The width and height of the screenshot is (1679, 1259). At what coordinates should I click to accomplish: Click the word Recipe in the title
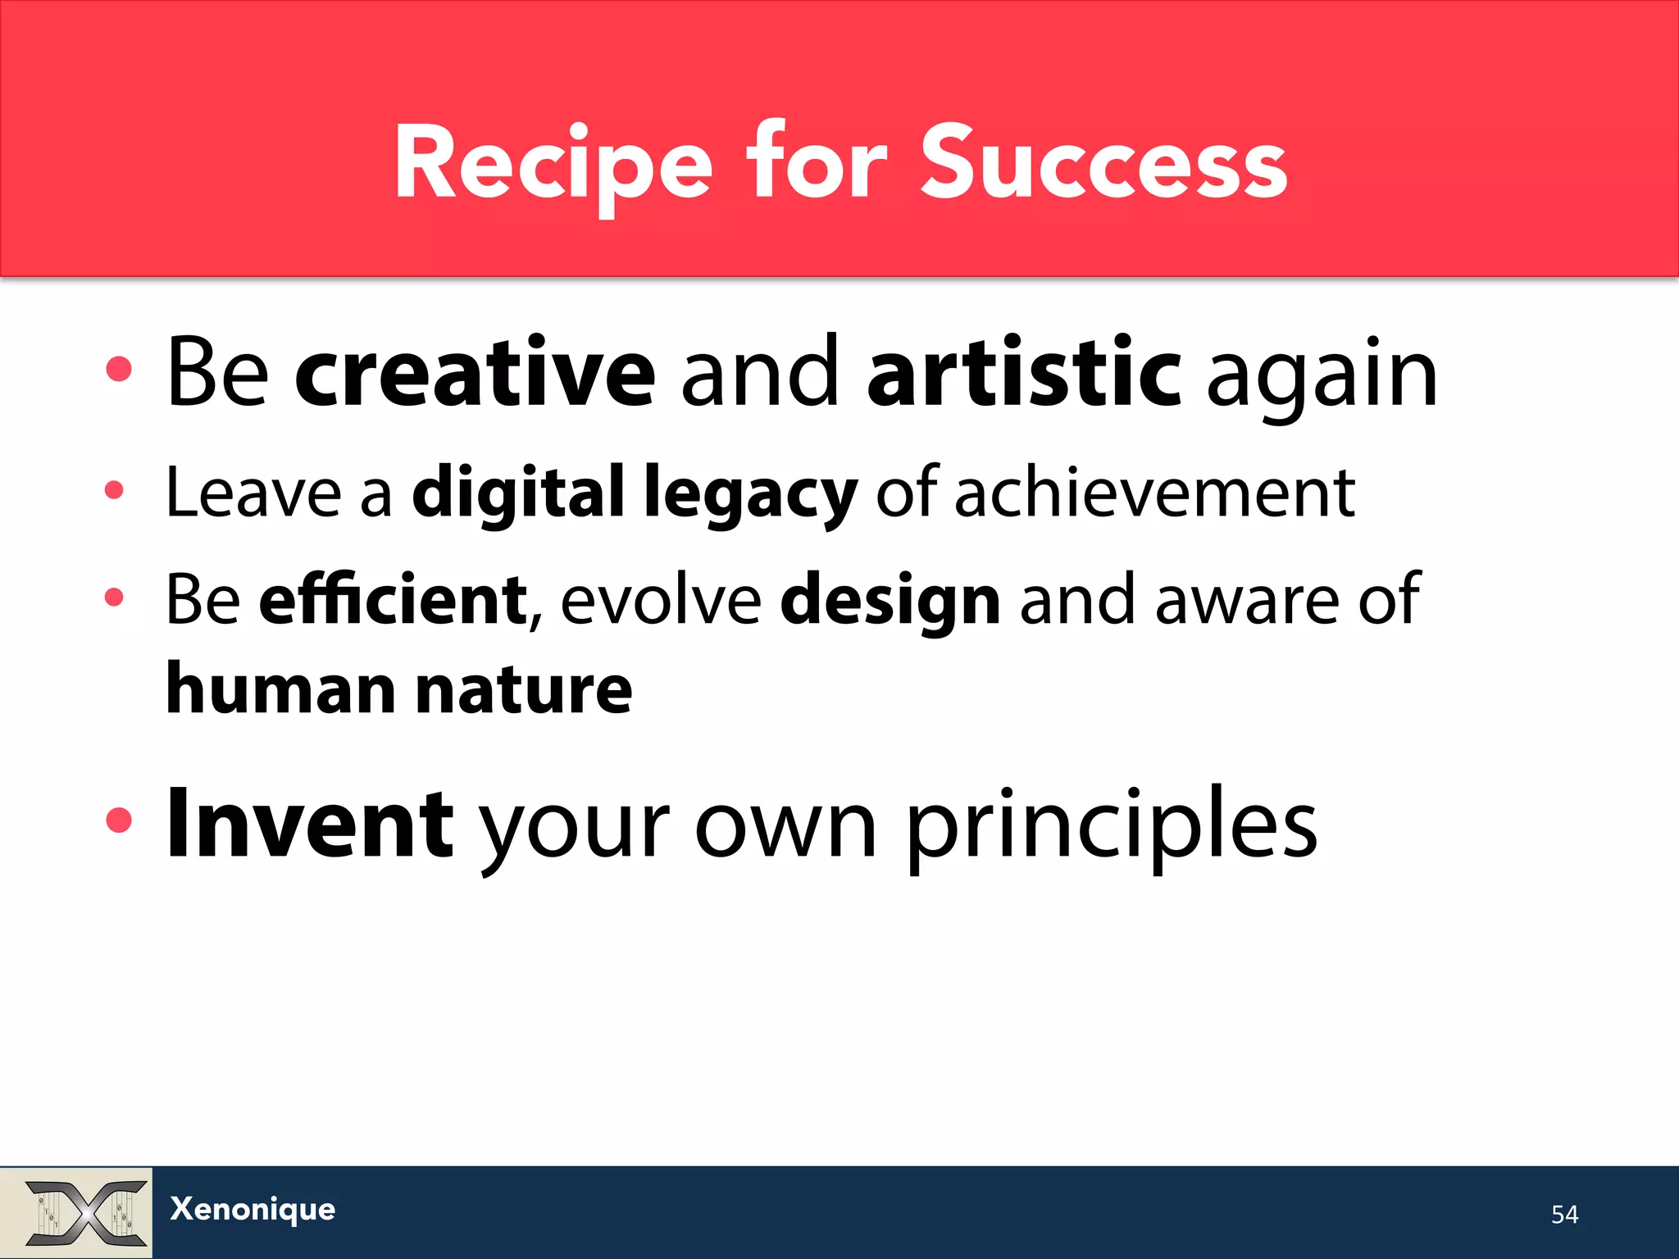click(553, 164)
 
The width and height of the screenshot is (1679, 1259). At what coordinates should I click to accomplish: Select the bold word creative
click(475, 373)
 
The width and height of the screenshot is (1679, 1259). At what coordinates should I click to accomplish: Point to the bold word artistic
click(1024, 373)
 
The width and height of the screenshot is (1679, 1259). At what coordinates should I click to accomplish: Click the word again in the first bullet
click(1322, 377)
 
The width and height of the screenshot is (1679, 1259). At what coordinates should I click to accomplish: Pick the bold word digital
click(518, 492)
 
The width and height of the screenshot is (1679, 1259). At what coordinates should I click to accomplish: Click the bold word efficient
click(393, 599)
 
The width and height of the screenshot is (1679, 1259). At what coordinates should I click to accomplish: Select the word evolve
click(661, 599)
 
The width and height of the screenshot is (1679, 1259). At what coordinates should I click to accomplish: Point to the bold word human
click(281, 689)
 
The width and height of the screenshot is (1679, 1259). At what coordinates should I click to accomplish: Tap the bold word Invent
click(309, 824)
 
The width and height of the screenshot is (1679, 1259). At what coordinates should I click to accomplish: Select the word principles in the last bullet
click(1112, 828)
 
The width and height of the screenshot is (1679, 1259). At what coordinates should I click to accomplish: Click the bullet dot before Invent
click(119, 820)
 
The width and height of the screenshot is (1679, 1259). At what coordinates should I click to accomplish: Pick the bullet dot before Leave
click(114, 490)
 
